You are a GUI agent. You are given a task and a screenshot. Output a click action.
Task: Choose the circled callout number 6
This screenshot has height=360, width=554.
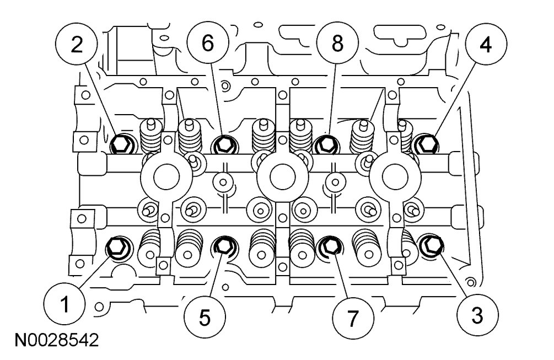click(207, 44)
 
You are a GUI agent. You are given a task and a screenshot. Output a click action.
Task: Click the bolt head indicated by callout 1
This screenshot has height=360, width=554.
click(117, 246)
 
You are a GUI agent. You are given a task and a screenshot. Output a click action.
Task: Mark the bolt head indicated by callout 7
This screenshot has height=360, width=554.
click(329, 245)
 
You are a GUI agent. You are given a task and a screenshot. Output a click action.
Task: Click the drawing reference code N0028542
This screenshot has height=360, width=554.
click(52, 337)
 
